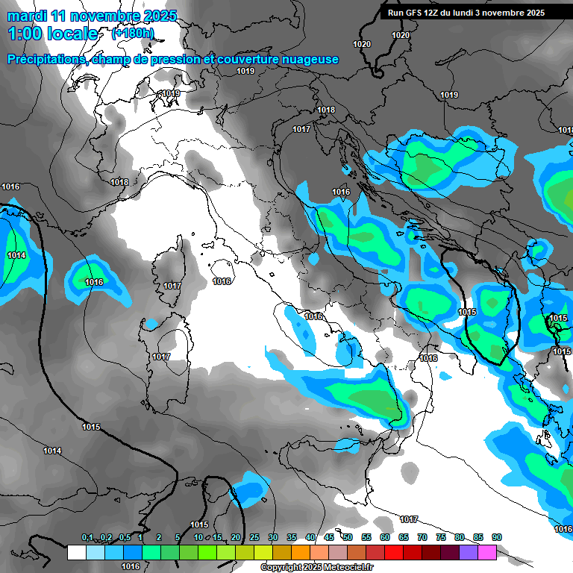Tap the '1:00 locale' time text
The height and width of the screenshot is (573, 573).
pos(52,34)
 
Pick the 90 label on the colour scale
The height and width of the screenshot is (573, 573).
pos(496,537)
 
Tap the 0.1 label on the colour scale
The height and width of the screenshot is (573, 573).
pos(87,537)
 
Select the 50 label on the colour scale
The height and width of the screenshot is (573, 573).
pos(348,537)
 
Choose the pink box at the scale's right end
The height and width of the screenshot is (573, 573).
pos(487,552)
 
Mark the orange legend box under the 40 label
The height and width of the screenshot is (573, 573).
pos(301,552)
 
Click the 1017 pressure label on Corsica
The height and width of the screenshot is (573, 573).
pos(172,286)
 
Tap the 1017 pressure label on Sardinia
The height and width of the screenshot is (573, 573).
pos(161,357)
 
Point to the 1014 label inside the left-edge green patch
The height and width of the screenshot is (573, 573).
pos(16,255)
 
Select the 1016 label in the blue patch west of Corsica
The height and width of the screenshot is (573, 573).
pos(94,282)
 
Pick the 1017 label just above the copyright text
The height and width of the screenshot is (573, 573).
pos(408,519)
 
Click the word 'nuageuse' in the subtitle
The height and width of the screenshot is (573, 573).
pos(310,59)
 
